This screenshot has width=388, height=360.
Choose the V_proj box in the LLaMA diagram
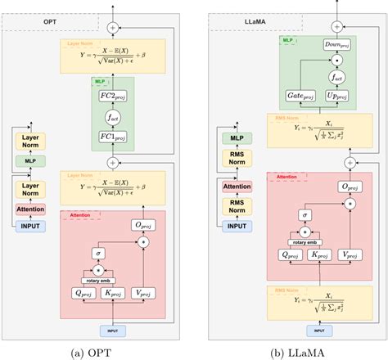click(x=334, y=254)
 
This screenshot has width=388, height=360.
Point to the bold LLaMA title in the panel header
click(x=233, y=18)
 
